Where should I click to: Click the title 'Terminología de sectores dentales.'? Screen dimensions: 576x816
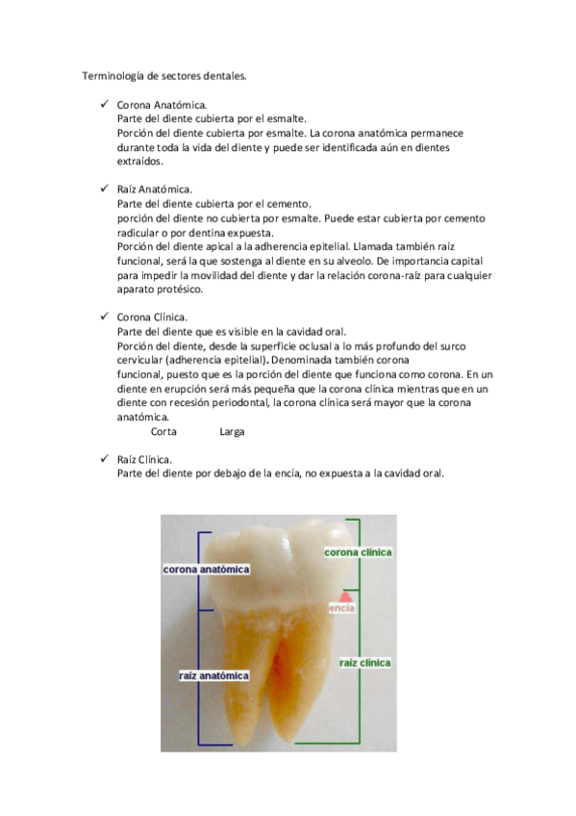click(x=163, y=74)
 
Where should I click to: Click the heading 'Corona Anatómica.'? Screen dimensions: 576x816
click(x=161, y=105)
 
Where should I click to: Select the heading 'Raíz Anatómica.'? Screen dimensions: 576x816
click(x=154, y=191)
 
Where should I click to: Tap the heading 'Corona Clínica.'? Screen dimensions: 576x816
click(x=152, y=318)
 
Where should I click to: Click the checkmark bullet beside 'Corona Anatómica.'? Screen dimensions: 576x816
click(x=104, y=105)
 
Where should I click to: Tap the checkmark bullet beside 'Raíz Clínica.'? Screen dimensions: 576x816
click(x=104, y=459)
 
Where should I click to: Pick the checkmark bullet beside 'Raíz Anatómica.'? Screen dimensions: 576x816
click(x=104, y=191)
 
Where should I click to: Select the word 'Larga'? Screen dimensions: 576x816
click(x=232, y=431)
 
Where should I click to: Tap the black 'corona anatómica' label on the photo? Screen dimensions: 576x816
click(x=206, y=570)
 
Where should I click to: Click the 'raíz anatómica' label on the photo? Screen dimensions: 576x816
click(x=213, y=676)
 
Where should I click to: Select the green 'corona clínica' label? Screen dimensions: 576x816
click(x=358, y=553)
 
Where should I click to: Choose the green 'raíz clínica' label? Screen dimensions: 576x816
click(x=364, y=663)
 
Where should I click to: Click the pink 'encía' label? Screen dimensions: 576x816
click(x=341, y=608)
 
